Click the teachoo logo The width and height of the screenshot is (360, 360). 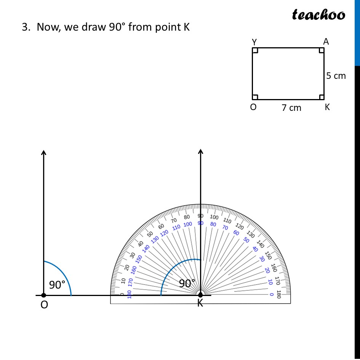(318, 14)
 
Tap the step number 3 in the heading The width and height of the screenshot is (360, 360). (25, 28)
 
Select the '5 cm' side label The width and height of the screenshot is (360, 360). (336, 76)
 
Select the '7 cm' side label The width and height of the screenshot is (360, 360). (291, 108)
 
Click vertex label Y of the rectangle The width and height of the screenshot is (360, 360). (254, 42)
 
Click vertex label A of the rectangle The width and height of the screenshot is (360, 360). (326, 42)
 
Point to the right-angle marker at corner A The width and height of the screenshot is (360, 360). (322, 50)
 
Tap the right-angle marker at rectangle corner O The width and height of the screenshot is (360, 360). (255, 97)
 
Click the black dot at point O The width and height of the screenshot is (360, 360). (43, 295)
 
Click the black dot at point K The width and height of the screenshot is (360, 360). (200, 294)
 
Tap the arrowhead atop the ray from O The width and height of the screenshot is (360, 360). (43, 152)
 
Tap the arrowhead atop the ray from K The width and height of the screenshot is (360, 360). (200, 152)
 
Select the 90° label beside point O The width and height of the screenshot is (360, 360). (57, 285)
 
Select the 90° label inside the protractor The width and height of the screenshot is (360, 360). (187, 283)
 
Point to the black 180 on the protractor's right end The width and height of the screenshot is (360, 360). (278, 294)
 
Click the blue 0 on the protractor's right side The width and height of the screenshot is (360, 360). (271, 294)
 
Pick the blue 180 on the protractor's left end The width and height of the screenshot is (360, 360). (129, 294)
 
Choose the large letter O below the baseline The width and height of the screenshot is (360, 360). (44, 305)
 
